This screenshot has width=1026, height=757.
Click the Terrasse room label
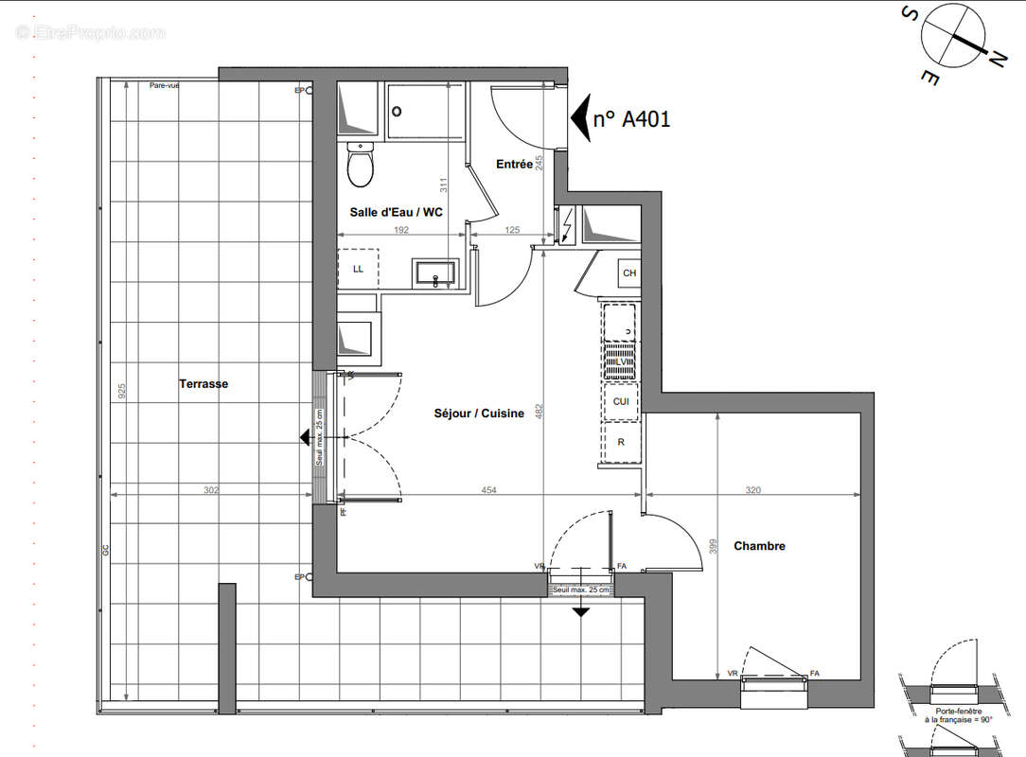203,384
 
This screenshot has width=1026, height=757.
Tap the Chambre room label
759,546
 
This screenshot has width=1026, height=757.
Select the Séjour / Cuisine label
479,414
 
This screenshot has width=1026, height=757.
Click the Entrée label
514,165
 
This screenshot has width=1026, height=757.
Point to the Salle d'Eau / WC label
396,213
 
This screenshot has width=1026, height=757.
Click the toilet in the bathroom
359,166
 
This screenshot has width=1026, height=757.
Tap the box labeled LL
358,269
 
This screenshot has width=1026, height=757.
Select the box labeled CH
629,274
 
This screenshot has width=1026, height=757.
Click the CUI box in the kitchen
622,401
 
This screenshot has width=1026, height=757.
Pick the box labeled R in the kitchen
621,442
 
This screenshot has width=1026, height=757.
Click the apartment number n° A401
631,119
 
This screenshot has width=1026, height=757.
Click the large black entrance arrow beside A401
579,119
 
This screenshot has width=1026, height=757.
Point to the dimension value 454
488,490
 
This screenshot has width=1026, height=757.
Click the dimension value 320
752,490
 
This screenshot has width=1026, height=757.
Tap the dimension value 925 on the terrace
120,392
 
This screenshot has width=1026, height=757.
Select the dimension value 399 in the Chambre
715,546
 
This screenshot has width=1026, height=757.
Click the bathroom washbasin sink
435,273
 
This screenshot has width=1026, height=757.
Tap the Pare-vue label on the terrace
164,85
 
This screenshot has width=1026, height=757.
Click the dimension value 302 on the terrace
212,490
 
